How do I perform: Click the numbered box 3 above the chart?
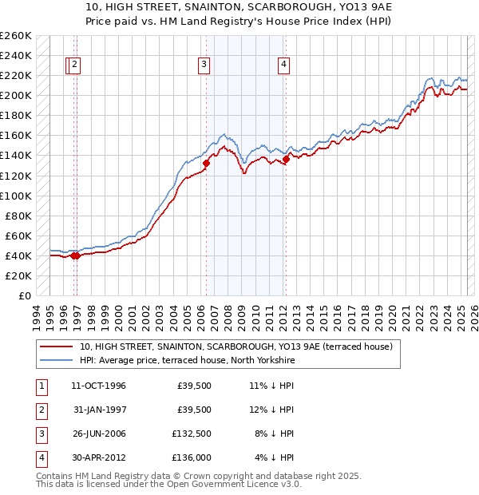204,65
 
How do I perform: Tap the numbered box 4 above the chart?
283,65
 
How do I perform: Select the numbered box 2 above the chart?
74,65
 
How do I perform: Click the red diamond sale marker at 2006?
206,164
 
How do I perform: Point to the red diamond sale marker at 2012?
286,160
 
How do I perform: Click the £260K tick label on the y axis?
15,36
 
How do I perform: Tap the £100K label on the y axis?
15,196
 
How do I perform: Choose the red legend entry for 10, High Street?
236,347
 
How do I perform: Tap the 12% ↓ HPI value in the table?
272,410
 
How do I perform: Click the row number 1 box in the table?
41,386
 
